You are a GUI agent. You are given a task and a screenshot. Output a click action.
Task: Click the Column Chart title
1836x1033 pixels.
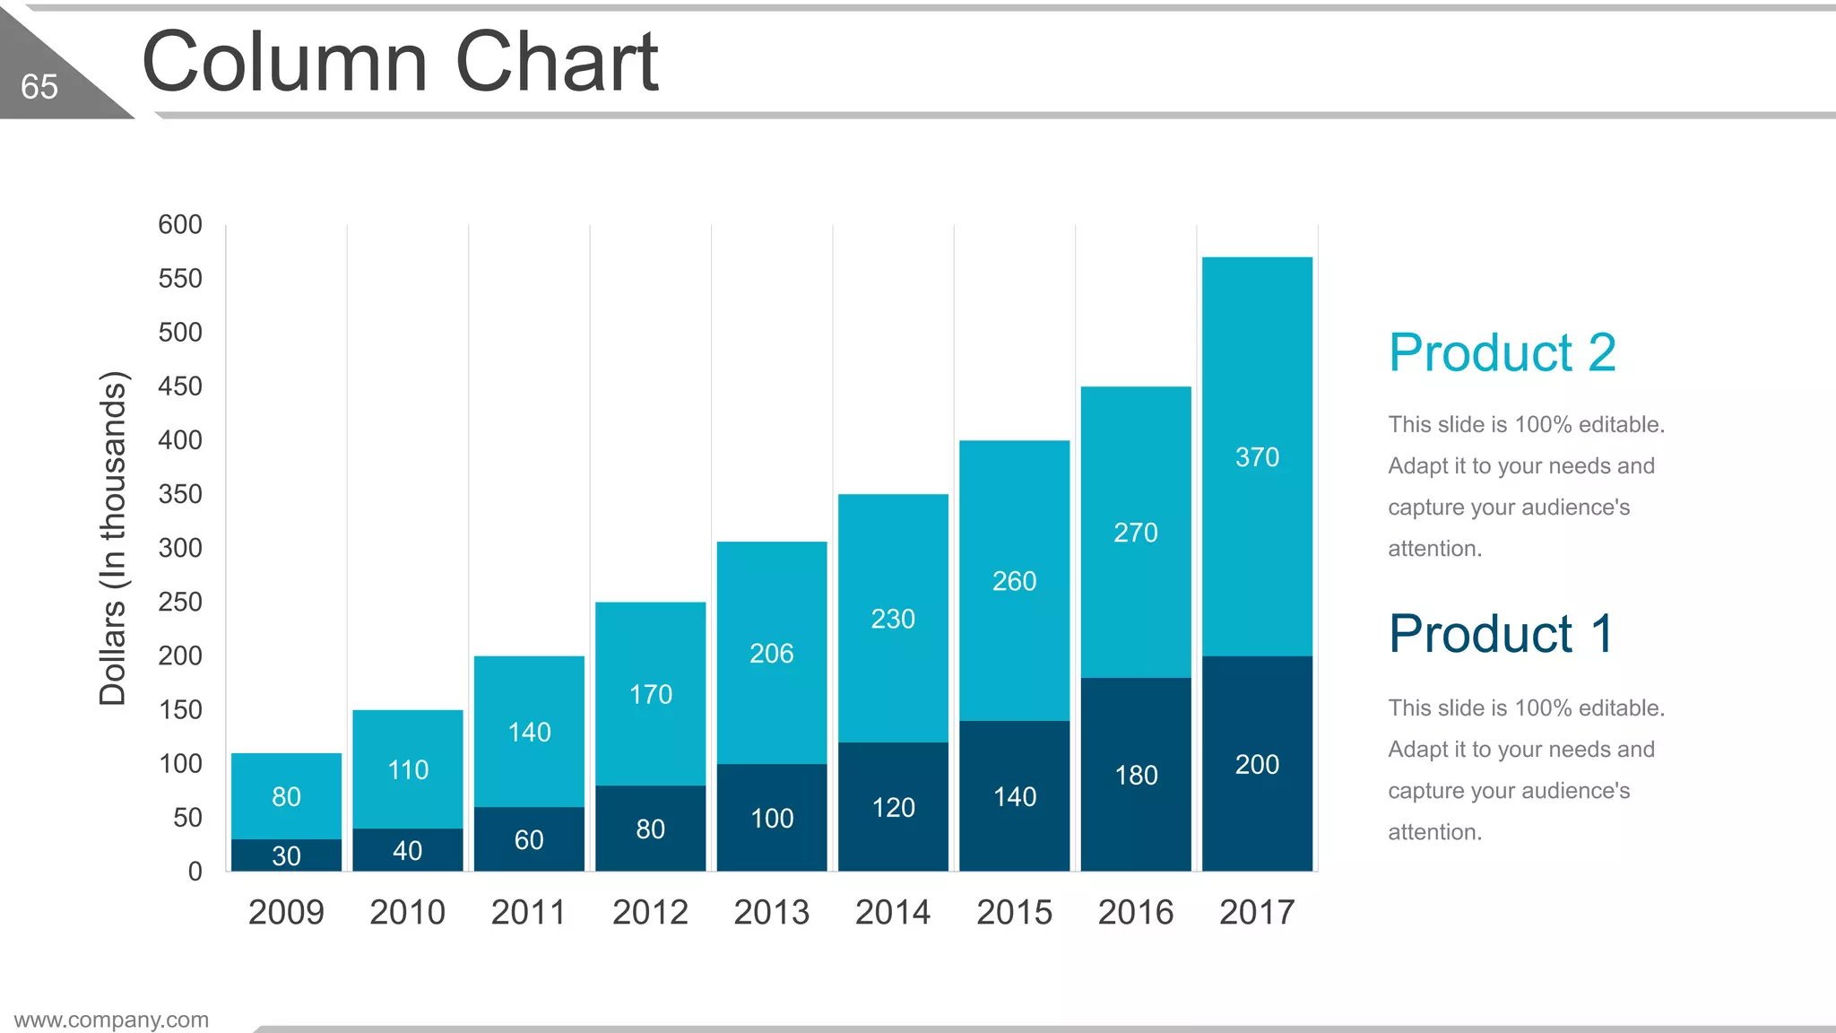pyautogui.click(x=400, y=62)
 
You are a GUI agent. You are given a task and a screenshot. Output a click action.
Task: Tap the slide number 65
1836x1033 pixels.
pyautogui.click(x=39, y=87)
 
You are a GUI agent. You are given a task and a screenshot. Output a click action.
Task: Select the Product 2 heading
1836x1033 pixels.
pyautogui.click(x=1502, y=352)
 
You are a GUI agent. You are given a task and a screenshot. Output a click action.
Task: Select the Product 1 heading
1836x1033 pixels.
pyautogui.click(x=1501, y=634)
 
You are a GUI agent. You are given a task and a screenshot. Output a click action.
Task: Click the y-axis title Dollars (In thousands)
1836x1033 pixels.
pyautogui.click(x=113, y=538)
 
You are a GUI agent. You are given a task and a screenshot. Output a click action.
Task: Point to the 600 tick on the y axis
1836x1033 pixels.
pyautogui.click(x=180, y=224)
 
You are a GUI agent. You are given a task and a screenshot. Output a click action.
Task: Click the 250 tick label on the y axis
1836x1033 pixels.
pyautogui.click(x=180, y=602)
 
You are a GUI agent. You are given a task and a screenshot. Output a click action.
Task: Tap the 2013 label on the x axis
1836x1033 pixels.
pyautogui.click(x=771, y=912)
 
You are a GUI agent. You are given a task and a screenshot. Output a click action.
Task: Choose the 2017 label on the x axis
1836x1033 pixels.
pyautogui.click(x=1257, y=912)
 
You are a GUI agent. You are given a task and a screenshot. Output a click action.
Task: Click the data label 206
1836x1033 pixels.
pyautogui.click(x=771, y=654)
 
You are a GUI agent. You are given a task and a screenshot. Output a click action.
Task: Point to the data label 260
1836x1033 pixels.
pyautogui.click(x=1014, y=581)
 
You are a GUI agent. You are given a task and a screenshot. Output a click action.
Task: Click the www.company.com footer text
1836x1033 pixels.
pyautogui.click(x=111, y=1020)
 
